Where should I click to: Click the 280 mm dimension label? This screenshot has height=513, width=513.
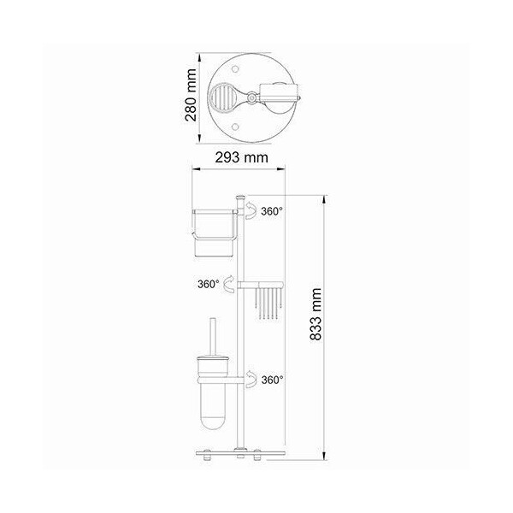191,95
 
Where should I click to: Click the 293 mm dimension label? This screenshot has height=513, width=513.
241,157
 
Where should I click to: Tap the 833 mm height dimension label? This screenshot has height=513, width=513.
315,315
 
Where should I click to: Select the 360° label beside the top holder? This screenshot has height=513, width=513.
272,211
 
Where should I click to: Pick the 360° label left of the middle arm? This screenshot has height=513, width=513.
208,284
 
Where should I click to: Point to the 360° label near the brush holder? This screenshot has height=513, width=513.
272,380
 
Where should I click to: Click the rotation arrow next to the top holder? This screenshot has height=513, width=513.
251,210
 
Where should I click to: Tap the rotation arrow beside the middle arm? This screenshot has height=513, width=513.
228,284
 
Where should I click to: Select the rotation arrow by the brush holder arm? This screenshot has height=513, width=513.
251,379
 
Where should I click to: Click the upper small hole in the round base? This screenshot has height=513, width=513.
234,69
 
